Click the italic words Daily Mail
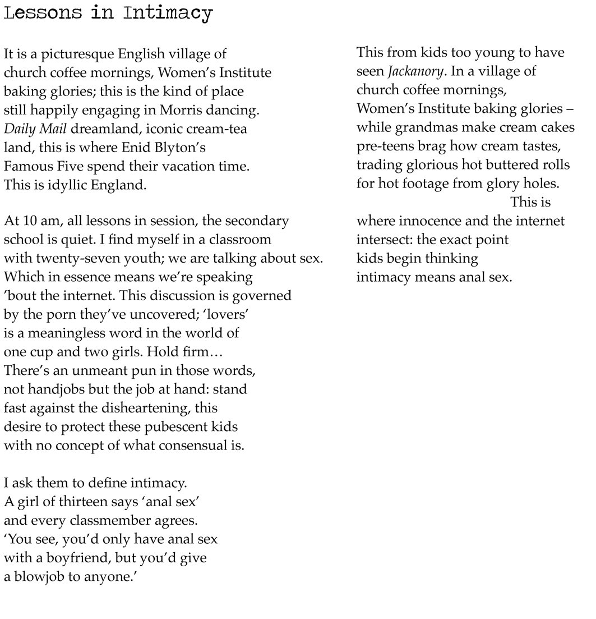pyautogui.click(x=35, y=129)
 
